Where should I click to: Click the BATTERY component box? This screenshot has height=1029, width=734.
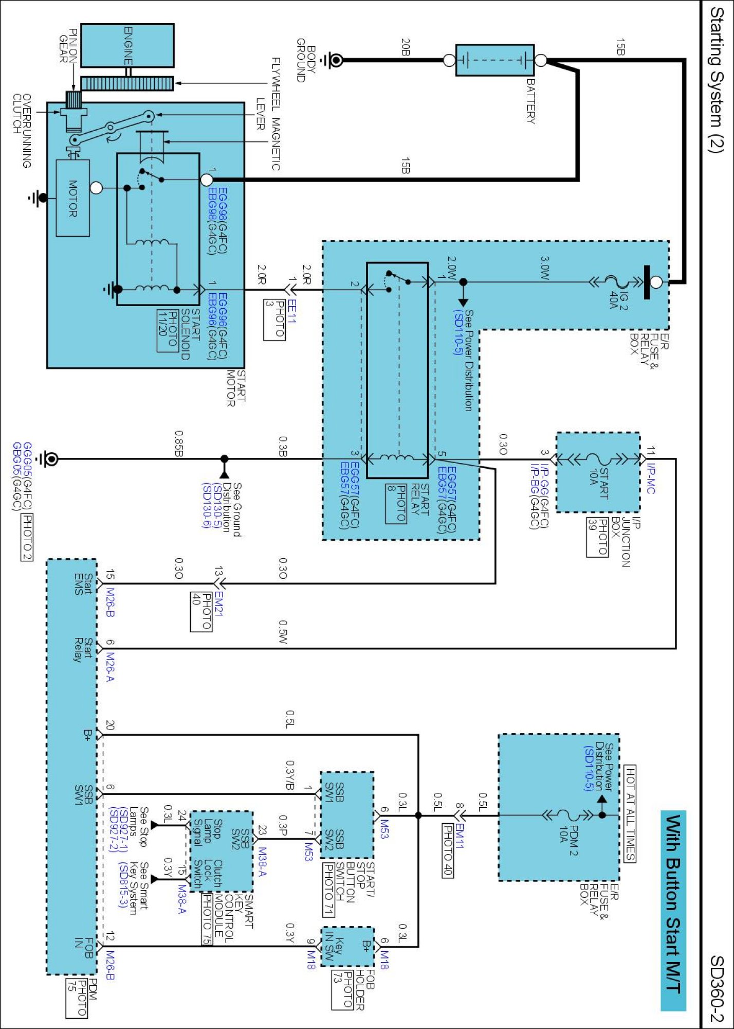[494, 60]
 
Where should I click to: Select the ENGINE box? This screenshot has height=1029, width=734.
[127, 45]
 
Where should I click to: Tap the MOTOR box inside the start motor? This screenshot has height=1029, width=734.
[72, 198]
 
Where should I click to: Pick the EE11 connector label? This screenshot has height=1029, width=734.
[291, 311]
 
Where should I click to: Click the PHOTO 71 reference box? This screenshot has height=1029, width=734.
[328, 890]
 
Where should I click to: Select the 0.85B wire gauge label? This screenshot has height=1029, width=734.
[178, 443]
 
